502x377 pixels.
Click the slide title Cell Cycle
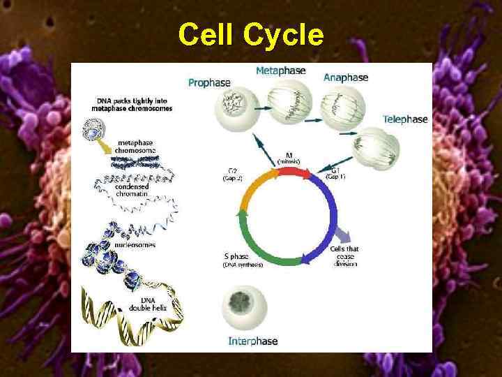pyautogui.click(x=251, y=34)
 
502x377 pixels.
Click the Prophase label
pyautogui.click(x=209, y=82)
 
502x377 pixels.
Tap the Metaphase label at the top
pyautogui.click(x=280, y=71)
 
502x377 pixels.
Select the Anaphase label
pyautogui.click(x=346, y=77)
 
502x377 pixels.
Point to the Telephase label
pyautogui.click(x=405, y=119)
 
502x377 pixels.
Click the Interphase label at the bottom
pyautogui.click(x=253, y=341)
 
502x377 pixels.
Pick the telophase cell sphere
pyautogui.click(x=376, y=148)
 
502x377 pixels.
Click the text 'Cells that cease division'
pyautogui.click(x=344, y=256)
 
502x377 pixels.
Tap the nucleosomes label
pyautogui.click(x=137, y=245)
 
